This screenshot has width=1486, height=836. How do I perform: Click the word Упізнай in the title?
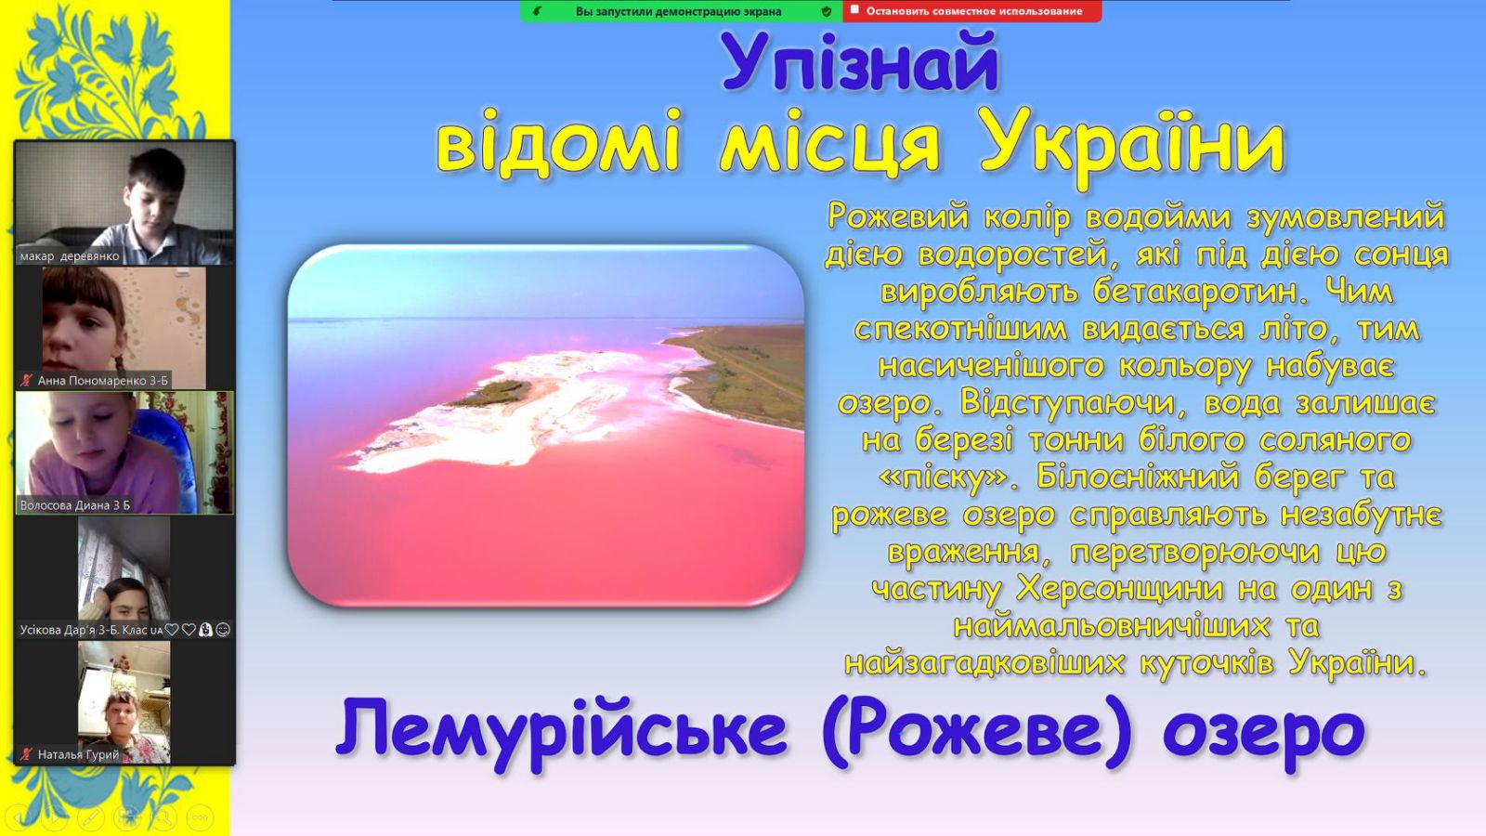pos(860,61)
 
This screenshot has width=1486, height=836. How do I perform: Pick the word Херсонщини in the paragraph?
pos(1119,589)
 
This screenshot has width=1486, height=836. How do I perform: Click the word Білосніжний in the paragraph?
pos(1139,477)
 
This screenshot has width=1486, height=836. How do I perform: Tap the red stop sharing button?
pos(972,11)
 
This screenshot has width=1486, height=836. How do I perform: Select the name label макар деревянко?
pos(70,256)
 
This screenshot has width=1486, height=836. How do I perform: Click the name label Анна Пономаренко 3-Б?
pos(103,381)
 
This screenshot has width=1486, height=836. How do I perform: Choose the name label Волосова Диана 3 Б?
pos(75,505)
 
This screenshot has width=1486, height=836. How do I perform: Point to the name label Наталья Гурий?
pos(78,754)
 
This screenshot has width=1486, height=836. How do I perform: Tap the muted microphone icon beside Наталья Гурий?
pos(27,754)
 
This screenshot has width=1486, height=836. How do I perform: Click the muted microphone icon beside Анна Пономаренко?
pos(27,381)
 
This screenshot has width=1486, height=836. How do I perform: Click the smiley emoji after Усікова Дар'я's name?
pos(223,630)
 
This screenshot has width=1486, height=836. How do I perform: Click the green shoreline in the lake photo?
pos(743,372)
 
